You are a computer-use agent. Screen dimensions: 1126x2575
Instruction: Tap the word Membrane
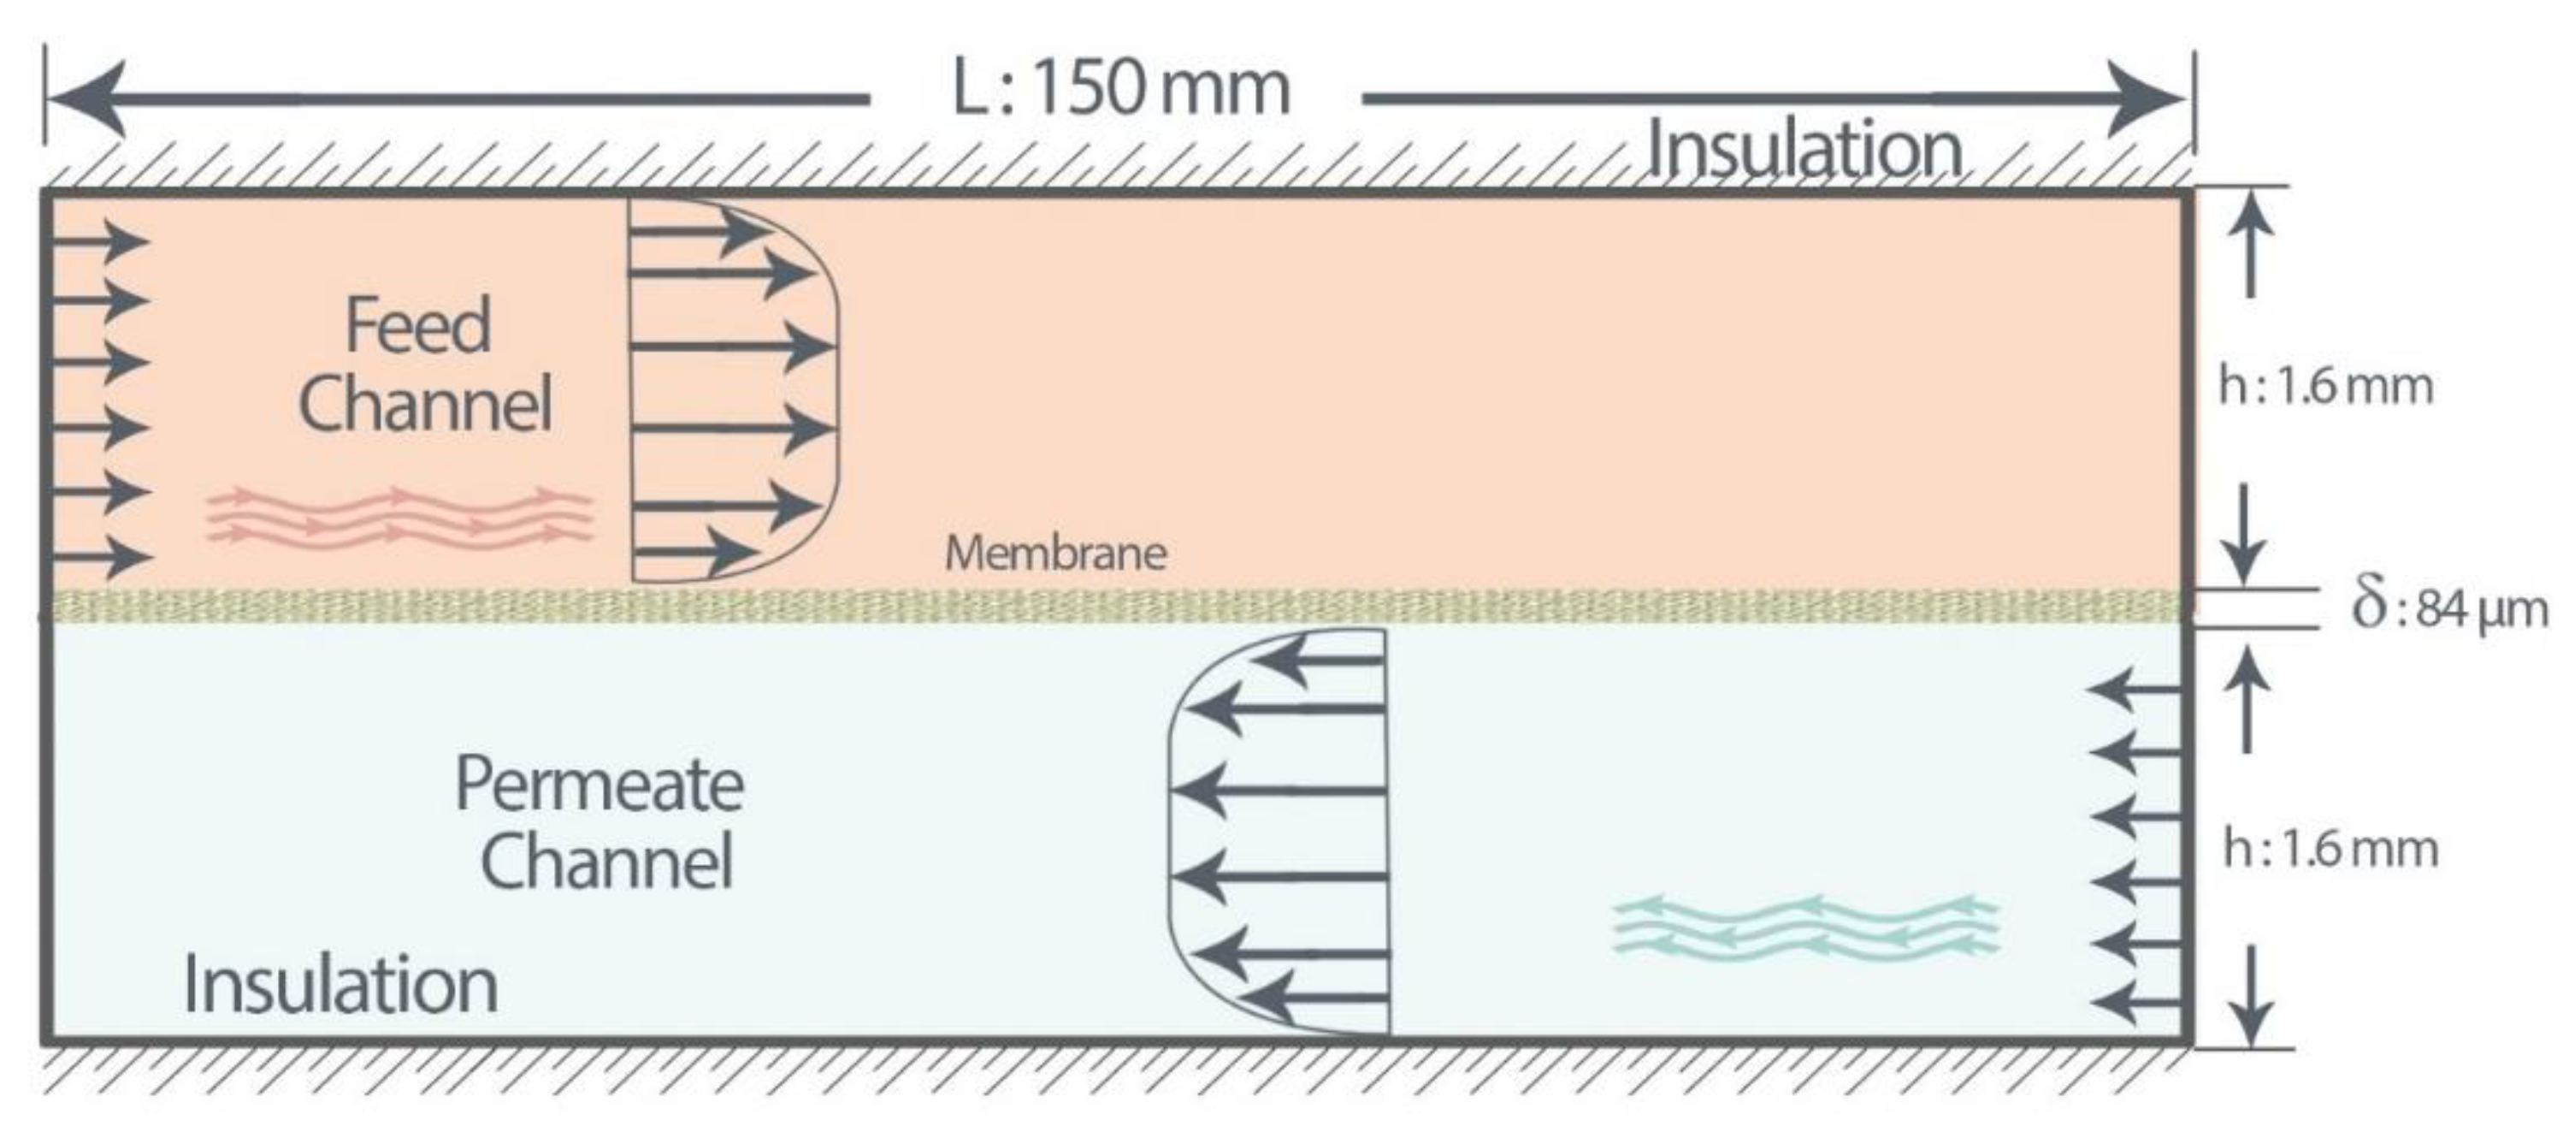(1055, 553)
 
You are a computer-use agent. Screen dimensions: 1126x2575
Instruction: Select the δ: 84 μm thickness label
(2449, 606)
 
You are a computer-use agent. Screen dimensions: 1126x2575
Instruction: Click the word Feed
(418, 325)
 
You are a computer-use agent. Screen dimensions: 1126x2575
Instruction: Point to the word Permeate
(599, 785)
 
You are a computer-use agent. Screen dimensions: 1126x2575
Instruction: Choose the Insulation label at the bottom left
(340, 986)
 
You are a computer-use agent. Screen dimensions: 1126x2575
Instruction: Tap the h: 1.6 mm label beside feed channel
(2325, 386)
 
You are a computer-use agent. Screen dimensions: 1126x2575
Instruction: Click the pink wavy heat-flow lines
(400, 517)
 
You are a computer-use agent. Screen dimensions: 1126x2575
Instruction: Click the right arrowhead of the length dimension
(2149, 98)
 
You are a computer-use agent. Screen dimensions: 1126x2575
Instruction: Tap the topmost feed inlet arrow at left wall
(100, 240)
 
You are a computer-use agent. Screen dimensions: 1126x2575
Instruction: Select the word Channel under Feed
(425, 405)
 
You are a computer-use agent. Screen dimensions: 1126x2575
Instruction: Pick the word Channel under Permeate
(607, 862)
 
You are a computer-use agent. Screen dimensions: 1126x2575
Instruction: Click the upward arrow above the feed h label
(2249, 250)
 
